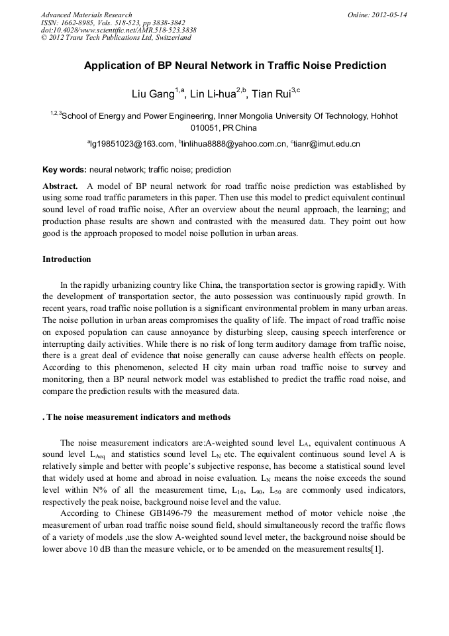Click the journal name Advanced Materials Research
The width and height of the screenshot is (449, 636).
pos(86,15)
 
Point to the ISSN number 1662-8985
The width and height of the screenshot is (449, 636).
pos(81,23)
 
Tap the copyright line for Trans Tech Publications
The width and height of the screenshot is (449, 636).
pos(116,38)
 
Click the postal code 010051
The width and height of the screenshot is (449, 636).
pos(205,127)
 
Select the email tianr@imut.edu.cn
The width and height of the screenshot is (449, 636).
pos(327,143)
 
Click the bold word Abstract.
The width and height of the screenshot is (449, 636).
pos(61,187)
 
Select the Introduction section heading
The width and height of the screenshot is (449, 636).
pos(67,259)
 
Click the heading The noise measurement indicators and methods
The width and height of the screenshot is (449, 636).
pos(138,417)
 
